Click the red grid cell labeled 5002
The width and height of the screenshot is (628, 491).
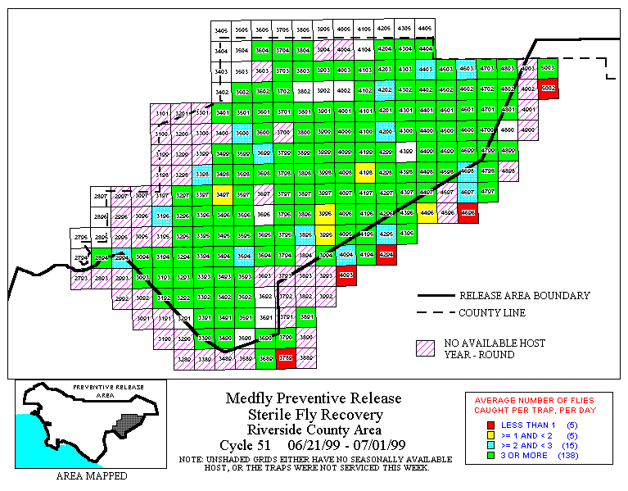tap(549, 88)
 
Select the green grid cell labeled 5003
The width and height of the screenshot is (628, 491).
tap(549, 68)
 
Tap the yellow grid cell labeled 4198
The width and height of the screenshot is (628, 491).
tap(365, 172)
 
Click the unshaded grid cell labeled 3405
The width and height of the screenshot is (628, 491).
tap(221, 30)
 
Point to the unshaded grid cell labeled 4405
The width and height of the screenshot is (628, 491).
tap(424, 30)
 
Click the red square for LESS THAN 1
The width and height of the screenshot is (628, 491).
tap(491, 425)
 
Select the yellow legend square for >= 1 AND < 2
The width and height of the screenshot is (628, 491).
tap(491, 434)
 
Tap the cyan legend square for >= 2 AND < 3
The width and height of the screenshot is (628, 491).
tap(491, 444)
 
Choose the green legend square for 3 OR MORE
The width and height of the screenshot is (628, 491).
tap(491, 454)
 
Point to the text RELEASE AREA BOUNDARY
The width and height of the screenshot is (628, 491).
tap(524, 296)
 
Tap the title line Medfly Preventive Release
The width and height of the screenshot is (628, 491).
tap(314, 399)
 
